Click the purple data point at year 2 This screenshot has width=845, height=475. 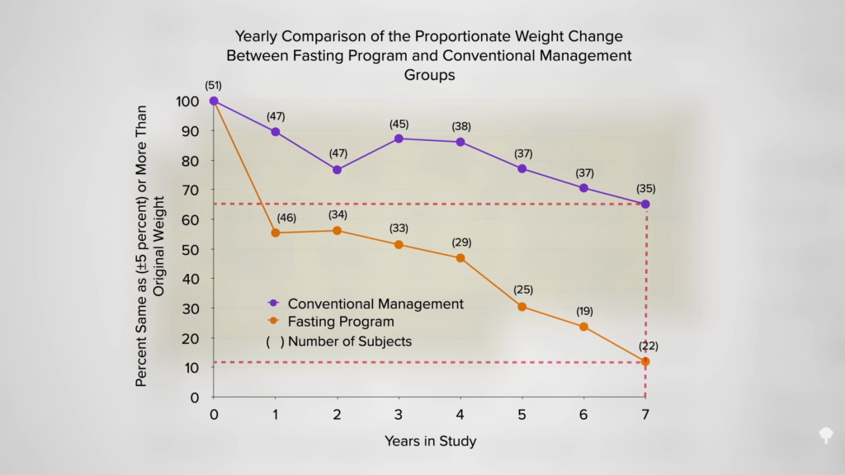(337, 170)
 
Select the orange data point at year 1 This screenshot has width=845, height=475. (275, 233)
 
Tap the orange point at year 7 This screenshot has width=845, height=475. (645, 361)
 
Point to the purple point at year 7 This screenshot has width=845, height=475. (645, 204)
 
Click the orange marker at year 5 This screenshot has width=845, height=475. (522, 307)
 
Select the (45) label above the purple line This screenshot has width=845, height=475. (399, 124)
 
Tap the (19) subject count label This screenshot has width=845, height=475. (583, 311)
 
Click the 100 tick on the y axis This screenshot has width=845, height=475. (188, 101)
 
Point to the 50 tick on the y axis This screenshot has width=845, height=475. (191, 249)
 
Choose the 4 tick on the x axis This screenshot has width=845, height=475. (460, 413)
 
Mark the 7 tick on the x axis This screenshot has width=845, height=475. (645, 413)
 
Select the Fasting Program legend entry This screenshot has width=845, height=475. (341, 322)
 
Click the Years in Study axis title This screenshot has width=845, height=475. (430, 441)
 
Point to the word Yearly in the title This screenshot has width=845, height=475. (256, 36)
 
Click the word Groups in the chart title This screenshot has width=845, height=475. (429, 74)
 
